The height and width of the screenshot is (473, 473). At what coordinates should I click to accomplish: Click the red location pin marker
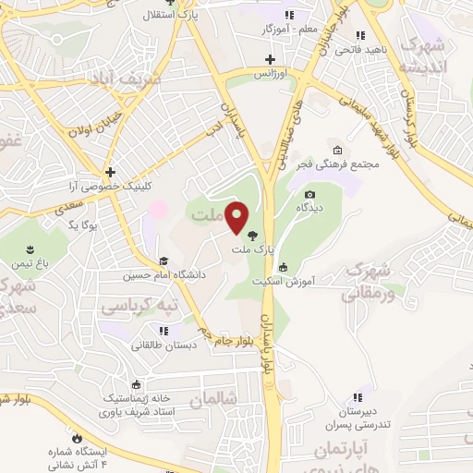tap(237, 218)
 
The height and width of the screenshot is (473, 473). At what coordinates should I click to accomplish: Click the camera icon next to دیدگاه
tap(309, 194)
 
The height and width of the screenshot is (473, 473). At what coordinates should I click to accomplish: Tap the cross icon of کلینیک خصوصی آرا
tap(110, 172)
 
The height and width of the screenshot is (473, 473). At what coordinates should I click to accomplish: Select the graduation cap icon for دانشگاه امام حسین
tap(164, 261)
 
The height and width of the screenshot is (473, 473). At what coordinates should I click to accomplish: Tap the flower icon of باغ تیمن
tap(31, 249)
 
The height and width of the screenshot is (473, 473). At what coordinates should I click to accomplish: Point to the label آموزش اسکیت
tap(309, 279)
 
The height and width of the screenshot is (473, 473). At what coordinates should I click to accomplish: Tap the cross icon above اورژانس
tap(270, 59)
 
